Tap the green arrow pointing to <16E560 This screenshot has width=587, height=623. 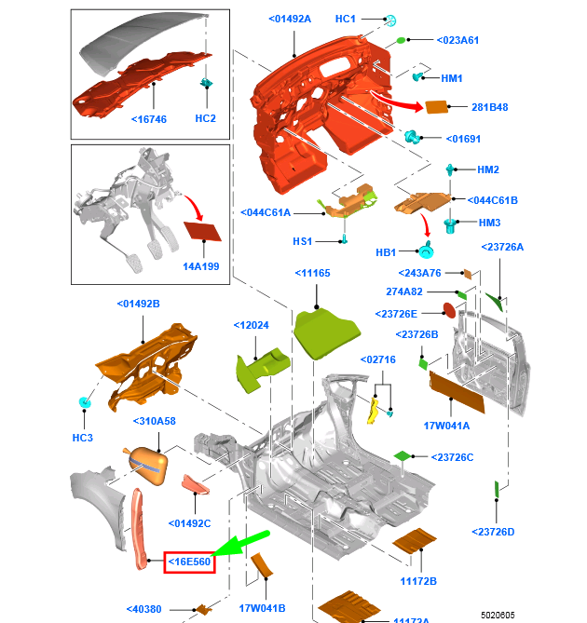pyautogui.click(x=243, y=542)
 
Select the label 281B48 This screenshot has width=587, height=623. pyautogui.click(x=489, y=107)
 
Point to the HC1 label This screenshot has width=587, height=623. pyautogui.click(x=346, y=19)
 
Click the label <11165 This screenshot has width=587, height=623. pyautogui.click(x=312, y=273)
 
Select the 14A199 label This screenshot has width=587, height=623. pyautogui.click(x=200, y=265)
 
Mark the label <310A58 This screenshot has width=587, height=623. pyautogui.click(x=154, y=421)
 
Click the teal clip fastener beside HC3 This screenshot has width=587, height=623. pyautogui.click(x=85, y=402)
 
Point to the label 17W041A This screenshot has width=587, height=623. pyautogui.click(x=447, y=426)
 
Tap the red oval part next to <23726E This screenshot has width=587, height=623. pyautogui.click(x=448, y=310)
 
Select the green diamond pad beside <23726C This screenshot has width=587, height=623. pyautogui.click(x=403, y=455)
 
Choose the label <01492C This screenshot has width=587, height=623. pyautogui.click(x=190, y=522)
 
